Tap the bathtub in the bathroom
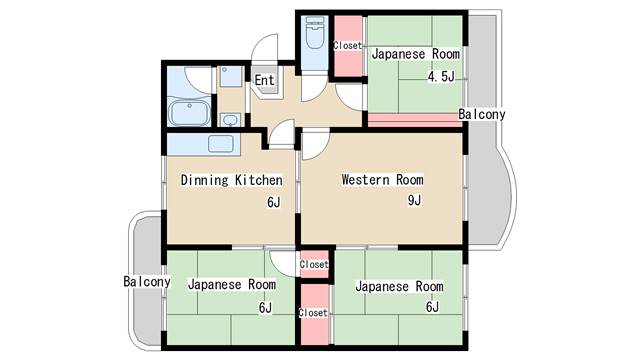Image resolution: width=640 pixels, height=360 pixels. [189, 112]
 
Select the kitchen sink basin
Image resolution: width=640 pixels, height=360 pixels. [220, 144]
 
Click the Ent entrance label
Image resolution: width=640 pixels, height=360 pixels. [264, 80]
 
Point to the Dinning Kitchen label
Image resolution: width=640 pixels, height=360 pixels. [231, 180]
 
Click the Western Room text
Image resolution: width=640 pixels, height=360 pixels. [382, 180]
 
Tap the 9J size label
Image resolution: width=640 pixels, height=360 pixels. [414, 200]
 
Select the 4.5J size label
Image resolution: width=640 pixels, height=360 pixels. [441, 76]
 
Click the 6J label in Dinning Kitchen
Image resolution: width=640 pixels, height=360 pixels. [274, 202]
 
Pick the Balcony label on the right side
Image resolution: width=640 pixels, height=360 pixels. [482, 114]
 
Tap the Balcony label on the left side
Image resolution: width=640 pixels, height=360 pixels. [147, 281]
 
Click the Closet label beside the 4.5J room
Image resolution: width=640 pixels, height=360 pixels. [347, 45]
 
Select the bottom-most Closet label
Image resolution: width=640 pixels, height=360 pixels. [313, 313]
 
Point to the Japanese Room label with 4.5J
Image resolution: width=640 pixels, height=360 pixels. [416, 54]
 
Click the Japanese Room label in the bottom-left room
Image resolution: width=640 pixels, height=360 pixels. [232, 284]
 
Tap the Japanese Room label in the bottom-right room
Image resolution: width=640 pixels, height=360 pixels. [399, 286]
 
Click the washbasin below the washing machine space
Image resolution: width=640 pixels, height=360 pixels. [231, 120]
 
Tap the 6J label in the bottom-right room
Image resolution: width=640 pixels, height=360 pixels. [433, 307]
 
